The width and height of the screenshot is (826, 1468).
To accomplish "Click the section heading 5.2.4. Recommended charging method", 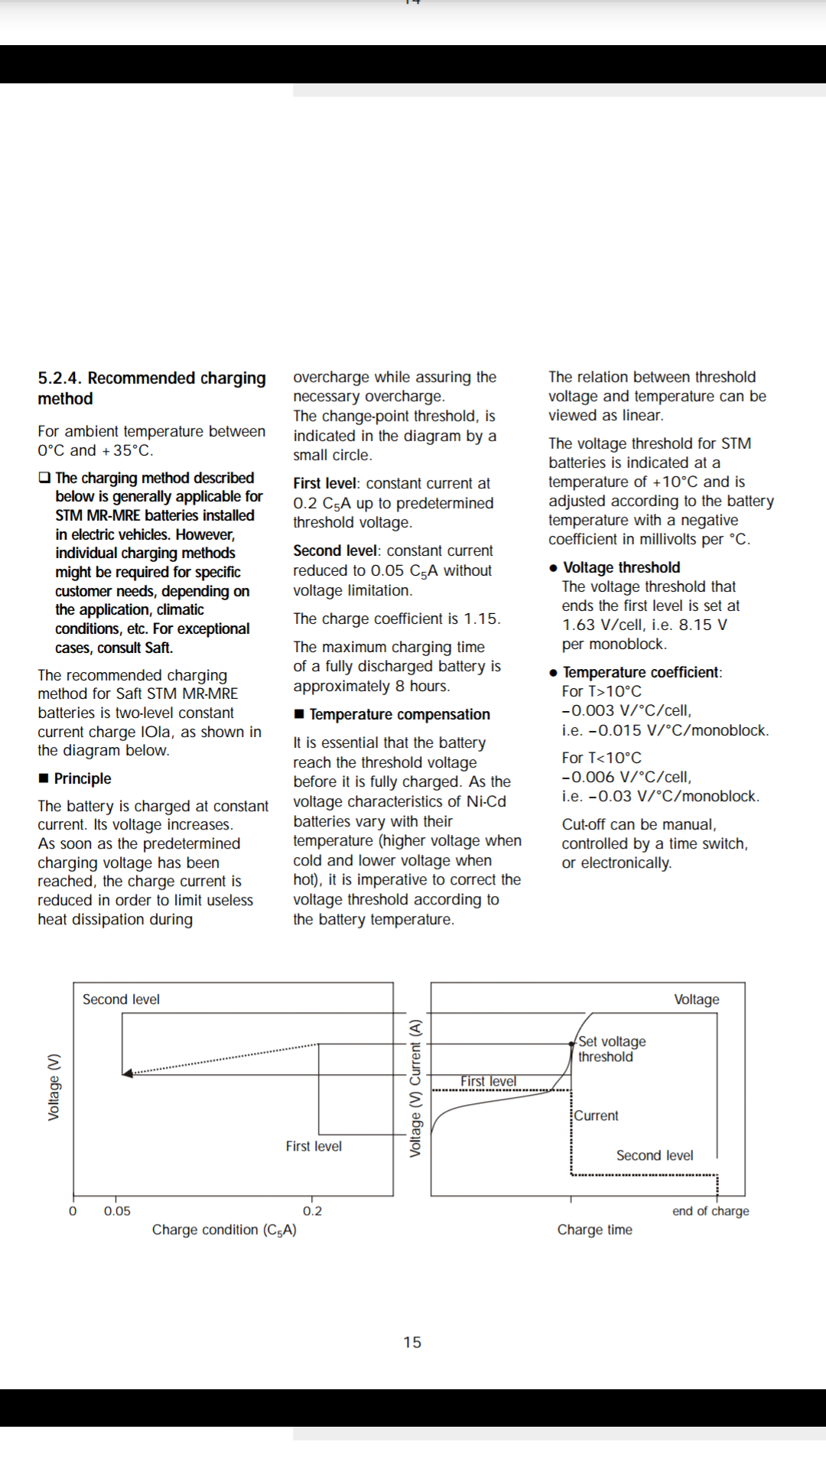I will [151, 388].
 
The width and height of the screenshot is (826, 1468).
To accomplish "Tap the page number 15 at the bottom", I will [412, 1343].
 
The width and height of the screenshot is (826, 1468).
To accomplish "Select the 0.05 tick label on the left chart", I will [117, 1211].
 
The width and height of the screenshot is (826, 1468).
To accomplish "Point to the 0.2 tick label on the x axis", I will [312, 1211].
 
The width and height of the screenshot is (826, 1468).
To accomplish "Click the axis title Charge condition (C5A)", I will [224, 1230].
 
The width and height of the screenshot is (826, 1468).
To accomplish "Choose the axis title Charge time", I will [594, 1230].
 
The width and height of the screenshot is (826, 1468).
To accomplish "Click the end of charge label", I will [711, 1211].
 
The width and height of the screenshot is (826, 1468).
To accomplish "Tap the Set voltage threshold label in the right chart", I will [611, 1049].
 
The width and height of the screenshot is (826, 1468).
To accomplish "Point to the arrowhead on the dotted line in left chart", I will [128, 1073].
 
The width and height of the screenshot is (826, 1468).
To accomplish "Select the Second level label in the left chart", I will [121, 999].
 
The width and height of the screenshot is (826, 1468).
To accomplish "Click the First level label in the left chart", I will [314, 1146].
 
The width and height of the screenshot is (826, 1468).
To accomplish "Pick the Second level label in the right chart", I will [655, 1155].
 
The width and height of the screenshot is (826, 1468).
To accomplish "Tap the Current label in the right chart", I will [597, 1116].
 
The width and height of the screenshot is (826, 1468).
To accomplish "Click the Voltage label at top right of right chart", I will [696, 999].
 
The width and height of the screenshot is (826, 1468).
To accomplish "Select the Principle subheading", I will [82, 778].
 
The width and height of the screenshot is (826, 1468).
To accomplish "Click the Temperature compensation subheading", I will [399, 714].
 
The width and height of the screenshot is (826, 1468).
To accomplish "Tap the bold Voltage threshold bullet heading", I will [621, 567].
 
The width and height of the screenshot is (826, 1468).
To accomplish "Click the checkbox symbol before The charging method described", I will [44, 478].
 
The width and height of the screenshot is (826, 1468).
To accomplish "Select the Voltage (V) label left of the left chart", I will [54, 1087].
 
